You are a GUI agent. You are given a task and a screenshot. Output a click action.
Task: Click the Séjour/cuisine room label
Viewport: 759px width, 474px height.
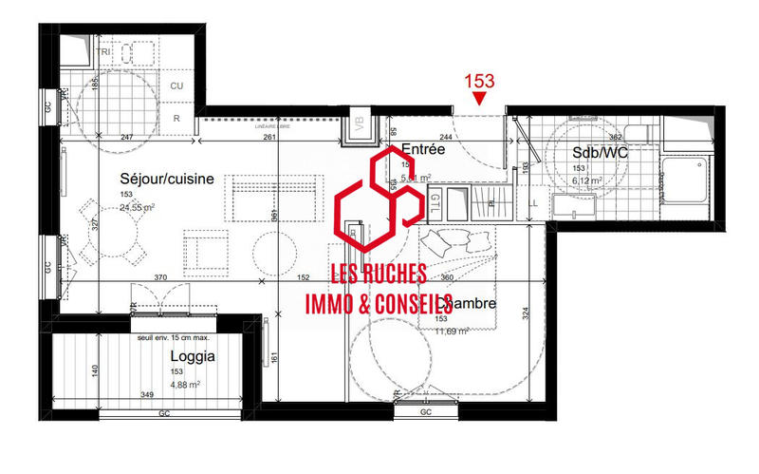pos(166,179)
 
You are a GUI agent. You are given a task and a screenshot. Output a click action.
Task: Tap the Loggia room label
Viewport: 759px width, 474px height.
pos(193,357)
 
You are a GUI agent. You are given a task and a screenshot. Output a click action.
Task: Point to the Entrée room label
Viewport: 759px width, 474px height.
pos(423,149)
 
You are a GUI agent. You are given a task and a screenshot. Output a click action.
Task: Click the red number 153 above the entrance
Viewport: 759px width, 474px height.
pos(480,82)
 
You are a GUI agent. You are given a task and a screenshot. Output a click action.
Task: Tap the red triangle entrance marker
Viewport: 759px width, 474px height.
pos(481,98)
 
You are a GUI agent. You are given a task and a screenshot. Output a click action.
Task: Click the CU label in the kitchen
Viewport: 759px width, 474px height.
pos(176,86)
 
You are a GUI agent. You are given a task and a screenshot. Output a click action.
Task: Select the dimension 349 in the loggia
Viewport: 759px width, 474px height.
pos(147,394)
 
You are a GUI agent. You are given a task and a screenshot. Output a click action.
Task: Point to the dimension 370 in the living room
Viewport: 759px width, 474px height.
pos(163,277)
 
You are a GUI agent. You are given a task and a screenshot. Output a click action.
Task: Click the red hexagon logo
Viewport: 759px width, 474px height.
pos(379,199)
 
